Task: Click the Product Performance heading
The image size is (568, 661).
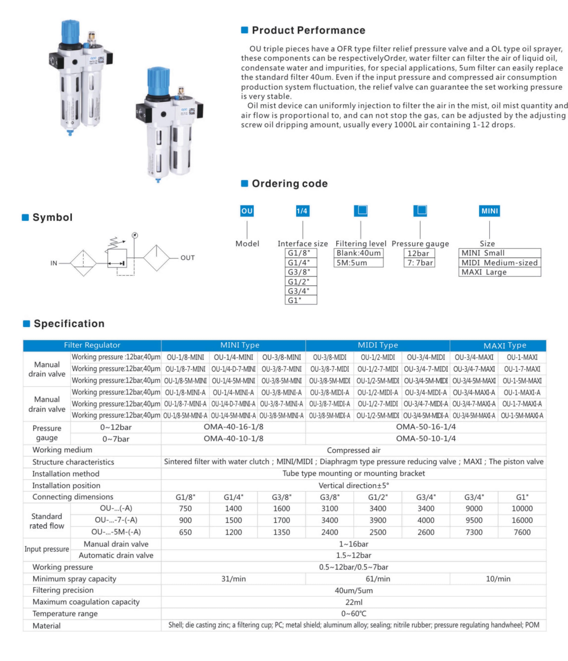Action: coord(308,30)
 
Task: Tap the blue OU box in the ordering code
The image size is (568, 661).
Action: coord(247,211)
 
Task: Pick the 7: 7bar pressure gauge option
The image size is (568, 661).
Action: coord(419,263)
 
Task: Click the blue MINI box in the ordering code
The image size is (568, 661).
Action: coord(489,211)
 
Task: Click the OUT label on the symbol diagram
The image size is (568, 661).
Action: coord(187,258)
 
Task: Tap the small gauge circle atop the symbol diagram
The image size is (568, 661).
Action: coord(135,236)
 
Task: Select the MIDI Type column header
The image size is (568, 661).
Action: coord(377,345)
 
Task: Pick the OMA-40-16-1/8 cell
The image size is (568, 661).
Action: coord(233,427)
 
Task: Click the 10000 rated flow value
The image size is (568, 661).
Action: coord(522,509)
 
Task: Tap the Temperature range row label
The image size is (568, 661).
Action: coord(65,614)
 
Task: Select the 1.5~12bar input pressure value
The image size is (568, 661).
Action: coord(353,555)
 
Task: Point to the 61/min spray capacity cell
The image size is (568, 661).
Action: coord(377,579)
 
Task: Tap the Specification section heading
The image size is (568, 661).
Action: coord(69,323)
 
